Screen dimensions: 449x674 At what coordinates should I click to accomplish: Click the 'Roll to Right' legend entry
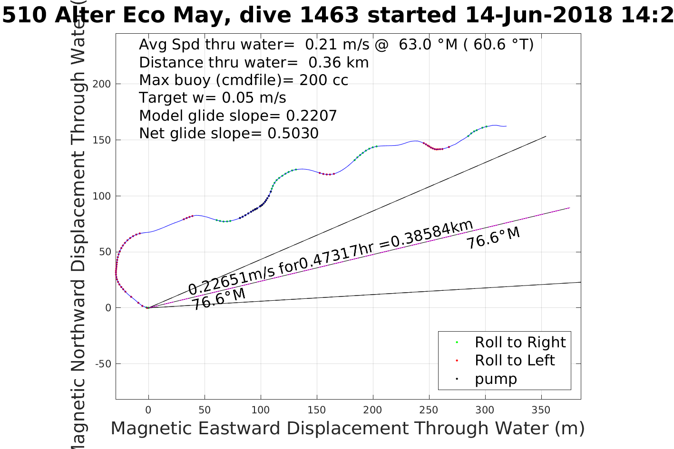pos(520,342)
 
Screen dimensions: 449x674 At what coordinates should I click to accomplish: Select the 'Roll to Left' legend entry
pos(514,360)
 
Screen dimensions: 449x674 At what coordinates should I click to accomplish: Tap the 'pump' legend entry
pos(496,379)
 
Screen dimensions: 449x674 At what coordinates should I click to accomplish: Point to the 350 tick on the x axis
pos(541,410)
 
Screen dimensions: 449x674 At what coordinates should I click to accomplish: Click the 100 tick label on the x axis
pos(261,410)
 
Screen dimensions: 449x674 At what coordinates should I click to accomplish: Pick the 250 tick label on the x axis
pos(429,410)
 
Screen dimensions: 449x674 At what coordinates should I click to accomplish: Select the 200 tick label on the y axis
pos(101,84)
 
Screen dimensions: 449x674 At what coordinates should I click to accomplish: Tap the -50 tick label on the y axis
pos(103,364)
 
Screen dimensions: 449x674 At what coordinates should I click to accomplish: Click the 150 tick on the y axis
pos(101,140)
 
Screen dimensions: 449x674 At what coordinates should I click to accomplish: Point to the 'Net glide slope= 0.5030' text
pos(229,134)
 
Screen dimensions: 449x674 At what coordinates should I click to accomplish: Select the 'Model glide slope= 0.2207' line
pos(238,115)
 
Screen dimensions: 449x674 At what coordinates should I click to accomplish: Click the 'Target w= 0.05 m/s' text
pos(213,98)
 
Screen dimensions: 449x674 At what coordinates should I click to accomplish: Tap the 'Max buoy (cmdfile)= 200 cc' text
pos(244,80)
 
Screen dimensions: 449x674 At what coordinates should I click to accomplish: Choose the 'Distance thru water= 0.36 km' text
pos(254,62)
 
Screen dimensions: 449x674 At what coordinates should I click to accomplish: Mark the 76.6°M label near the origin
pos(219,299)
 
